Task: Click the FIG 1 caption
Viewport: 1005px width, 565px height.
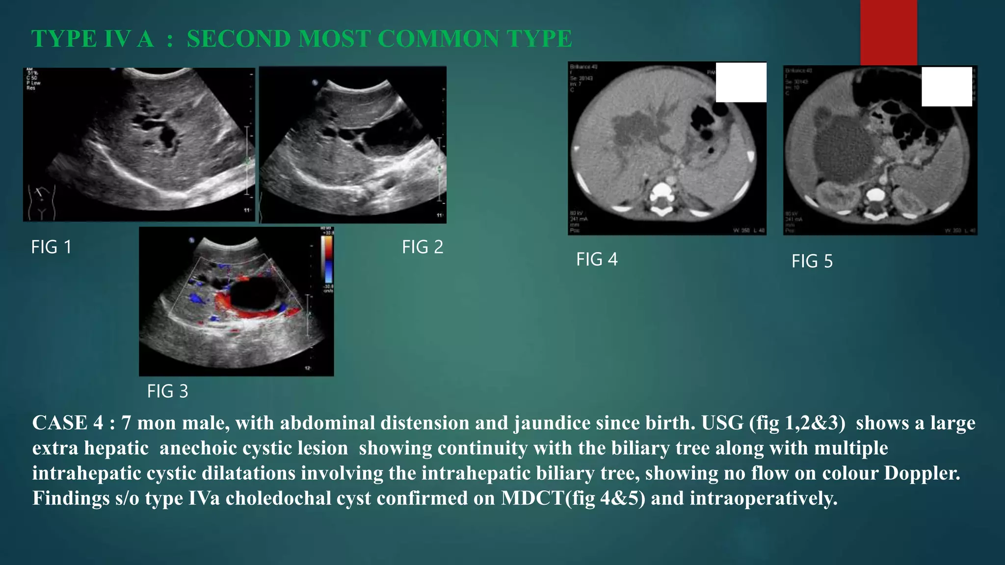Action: (52, 247)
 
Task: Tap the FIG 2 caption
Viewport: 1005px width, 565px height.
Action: (422, 247)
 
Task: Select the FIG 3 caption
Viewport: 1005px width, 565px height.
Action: (167, 391)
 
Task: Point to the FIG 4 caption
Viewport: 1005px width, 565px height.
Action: (597, 259)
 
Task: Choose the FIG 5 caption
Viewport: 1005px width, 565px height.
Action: (812, 261)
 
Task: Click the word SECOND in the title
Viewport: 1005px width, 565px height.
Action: (238, 39)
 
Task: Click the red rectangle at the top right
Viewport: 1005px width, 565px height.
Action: (888, 32)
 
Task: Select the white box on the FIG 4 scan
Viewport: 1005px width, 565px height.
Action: (741, 82)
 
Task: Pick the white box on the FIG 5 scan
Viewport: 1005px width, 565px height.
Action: (947, 87)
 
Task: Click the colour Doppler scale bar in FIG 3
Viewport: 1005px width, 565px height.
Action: (327, 259)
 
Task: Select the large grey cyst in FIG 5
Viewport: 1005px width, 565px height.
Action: (845, 149)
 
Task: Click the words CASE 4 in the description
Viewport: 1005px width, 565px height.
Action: (67, 423)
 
